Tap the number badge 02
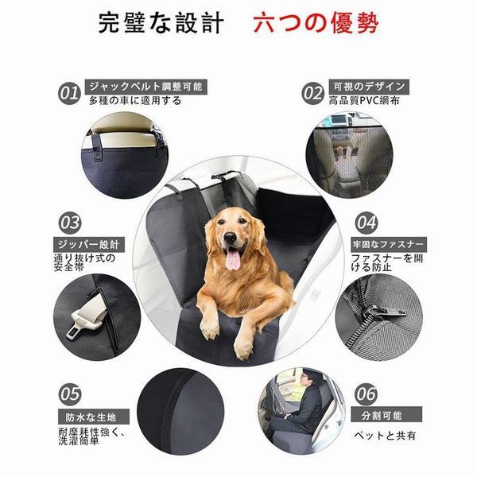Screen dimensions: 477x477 tap(312, 93)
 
